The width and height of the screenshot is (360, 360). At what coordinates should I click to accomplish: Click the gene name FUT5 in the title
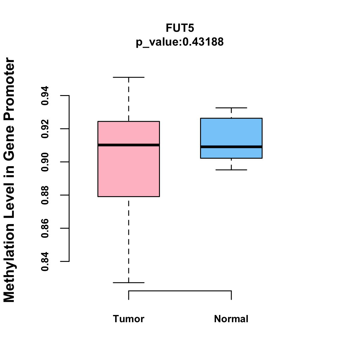180,28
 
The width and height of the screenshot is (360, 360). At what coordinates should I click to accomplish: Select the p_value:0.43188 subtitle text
180,42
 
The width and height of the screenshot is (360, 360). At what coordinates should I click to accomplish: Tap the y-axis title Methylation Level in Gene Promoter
9,180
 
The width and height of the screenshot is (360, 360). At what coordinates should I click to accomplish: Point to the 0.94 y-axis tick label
45,96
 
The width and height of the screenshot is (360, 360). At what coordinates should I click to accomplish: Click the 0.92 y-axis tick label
45,129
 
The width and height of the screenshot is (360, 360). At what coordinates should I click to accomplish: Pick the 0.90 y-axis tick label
45,162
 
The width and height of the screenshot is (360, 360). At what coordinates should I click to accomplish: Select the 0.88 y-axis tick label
45,195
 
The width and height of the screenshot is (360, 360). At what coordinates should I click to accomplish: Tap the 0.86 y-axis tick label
45,228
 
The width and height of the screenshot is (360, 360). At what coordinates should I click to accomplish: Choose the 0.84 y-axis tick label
45,261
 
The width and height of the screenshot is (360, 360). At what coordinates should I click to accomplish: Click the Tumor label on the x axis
128,319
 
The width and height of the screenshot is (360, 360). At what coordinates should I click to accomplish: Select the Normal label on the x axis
231,319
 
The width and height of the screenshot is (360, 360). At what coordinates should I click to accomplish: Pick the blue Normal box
231,132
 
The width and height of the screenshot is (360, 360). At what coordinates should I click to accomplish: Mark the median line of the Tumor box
128,145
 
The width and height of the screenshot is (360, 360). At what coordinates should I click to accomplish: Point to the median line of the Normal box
231,147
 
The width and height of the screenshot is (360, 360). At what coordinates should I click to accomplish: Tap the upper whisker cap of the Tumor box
128,77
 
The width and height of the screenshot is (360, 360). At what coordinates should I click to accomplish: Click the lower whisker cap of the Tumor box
128,283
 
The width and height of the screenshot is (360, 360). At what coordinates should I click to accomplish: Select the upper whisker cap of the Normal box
231,108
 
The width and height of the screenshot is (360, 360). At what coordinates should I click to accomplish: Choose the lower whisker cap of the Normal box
231,170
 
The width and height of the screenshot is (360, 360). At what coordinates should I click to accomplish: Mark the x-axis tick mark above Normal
231,295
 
